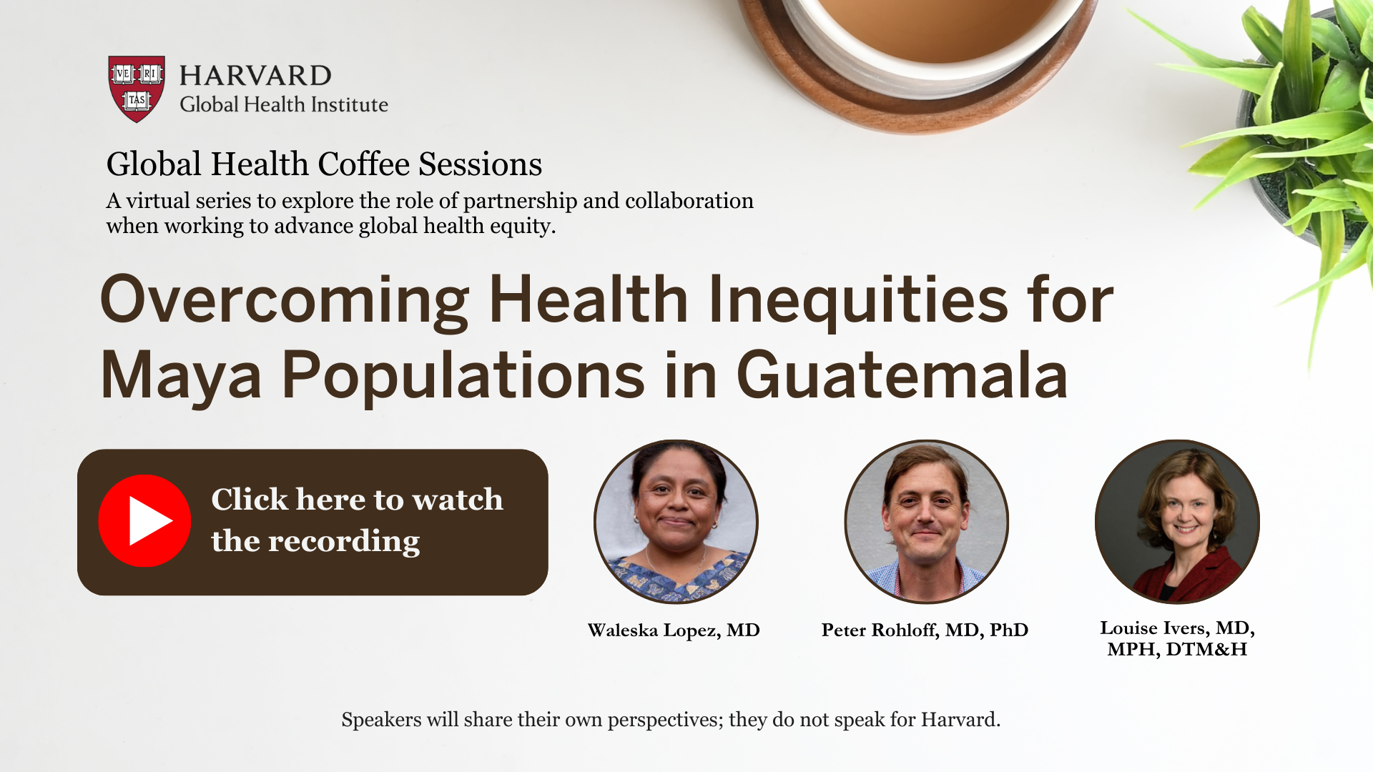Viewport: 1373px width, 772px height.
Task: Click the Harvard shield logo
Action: coord(137,89)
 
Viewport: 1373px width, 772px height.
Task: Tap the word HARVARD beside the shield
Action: coord(255,76)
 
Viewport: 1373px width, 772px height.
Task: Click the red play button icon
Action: coord(144,521)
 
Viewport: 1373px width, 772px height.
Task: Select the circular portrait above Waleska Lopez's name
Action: coord(676,522)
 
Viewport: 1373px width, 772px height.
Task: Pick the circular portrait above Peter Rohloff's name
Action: coord(926,522)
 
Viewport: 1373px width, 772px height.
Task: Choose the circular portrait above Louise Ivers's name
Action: coord(1177,522)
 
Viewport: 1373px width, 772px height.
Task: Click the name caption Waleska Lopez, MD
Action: coord(674,630)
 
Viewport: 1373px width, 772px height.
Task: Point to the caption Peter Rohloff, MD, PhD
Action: coord(925,630)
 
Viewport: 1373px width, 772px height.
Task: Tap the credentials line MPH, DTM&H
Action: coord(1177,650)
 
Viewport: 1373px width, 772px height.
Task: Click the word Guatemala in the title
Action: coord(902,375)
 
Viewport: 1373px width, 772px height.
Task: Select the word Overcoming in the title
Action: coord(285,300)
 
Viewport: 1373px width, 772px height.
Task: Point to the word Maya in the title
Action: coord(182,376)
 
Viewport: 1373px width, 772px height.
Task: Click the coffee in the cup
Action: coord(937,25)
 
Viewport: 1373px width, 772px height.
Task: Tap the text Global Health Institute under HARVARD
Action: coord(284,105)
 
